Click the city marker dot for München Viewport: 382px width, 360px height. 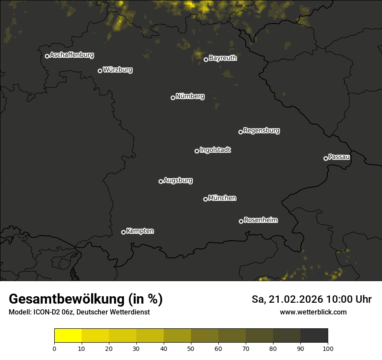(205, 199)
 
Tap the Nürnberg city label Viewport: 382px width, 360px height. (190, 96)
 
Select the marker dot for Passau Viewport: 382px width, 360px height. (326, 158)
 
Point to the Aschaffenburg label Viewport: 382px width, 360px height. (72, 55)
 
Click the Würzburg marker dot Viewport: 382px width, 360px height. (100, 71)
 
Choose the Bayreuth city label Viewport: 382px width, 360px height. (223, 58)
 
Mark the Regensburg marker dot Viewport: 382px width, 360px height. (240, 132)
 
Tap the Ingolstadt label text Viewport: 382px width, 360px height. (215, 150)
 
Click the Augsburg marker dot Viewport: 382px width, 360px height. (161, 181)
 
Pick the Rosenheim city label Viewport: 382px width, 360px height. (260, 220)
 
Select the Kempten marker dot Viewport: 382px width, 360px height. (123, 232)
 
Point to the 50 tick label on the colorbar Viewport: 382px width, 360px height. (191, 348)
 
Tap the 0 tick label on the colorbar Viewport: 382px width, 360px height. (54, 348)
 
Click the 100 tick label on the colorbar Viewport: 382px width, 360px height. (328, 348)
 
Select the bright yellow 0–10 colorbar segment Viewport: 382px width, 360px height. (68, 336)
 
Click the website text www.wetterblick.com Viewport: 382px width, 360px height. (313, 312)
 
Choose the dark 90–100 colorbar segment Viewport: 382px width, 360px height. (314, 336)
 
